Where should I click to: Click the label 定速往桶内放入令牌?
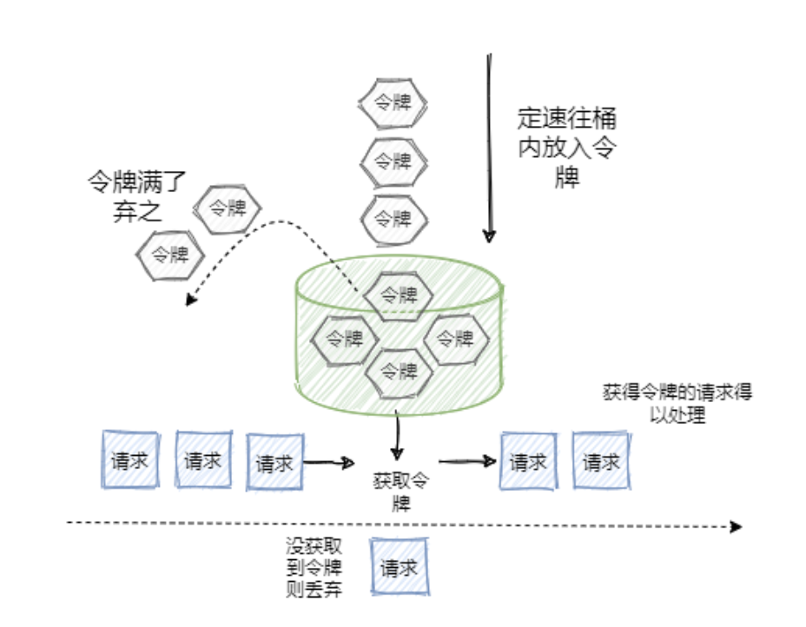pyautogui.click(x=567, y=148)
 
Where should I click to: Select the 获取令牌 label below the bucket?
pyautogui.click(x=400, y=491)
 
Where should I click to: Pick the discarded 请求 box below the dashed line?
pyautogui.click(x=400, y=568)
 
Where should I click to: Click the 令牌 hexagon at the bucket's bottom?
pyautogui.click(x=399, y=372)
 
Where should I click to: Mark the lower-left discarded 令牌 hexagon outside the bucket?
pyautogui.click(x=170, y=255)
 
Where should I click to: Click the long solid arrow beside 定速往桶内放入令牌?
pyautogui.click(x=490, y=148)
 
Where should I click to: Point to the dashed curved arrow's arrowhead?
pyautogui.click(x=190, y=300)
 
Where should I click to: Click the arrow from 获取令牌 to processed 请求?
pyautogui.click(x=466, y=462)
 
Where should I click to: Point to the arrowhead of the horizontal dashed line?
pyautogui.click(x=736, y=526)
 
